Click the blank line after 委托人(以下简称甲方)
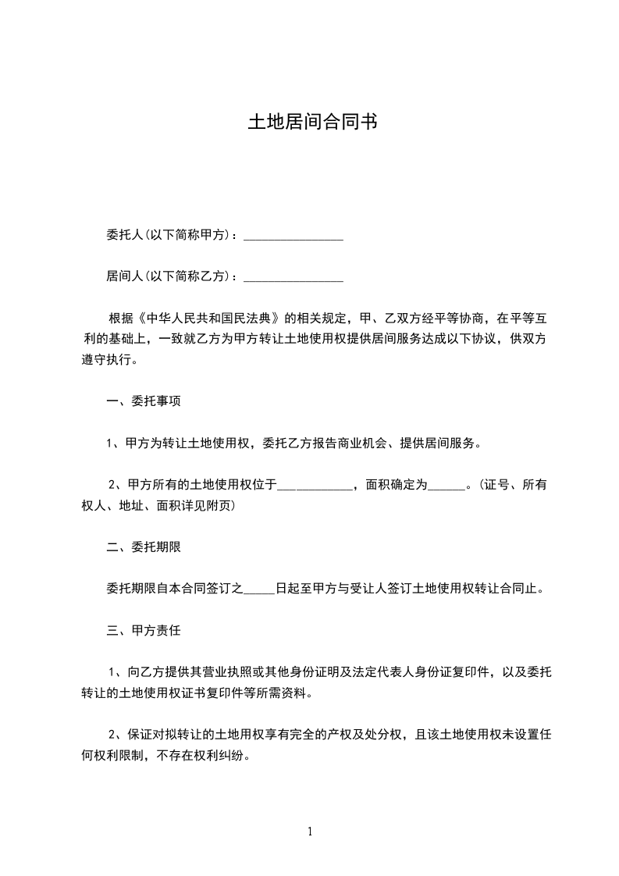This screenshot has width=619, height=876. pyautogui.click(x=293, y=235)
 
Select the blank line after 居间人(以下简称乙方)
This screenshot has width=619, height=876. pyautogui.click(x=293, y=276)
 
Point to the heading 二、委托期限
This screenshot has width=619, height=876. pyautogui.click(x=144, y=547)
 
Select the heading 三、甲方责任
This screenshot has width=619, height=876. pyautogui.click(x=144, y=630)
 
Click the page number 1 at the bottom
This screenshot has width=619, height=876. pyautogui.click(x=310, y=831)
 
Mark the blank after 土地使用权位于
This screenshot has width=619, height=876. pyautogui.click(x=315, y=486)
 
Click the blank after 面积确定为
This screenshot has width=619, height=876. pyautogui.click(x=446, y=486)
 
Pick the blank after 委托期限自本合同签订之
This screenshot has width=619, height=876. pyautogui.click(x=260, y=589)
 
